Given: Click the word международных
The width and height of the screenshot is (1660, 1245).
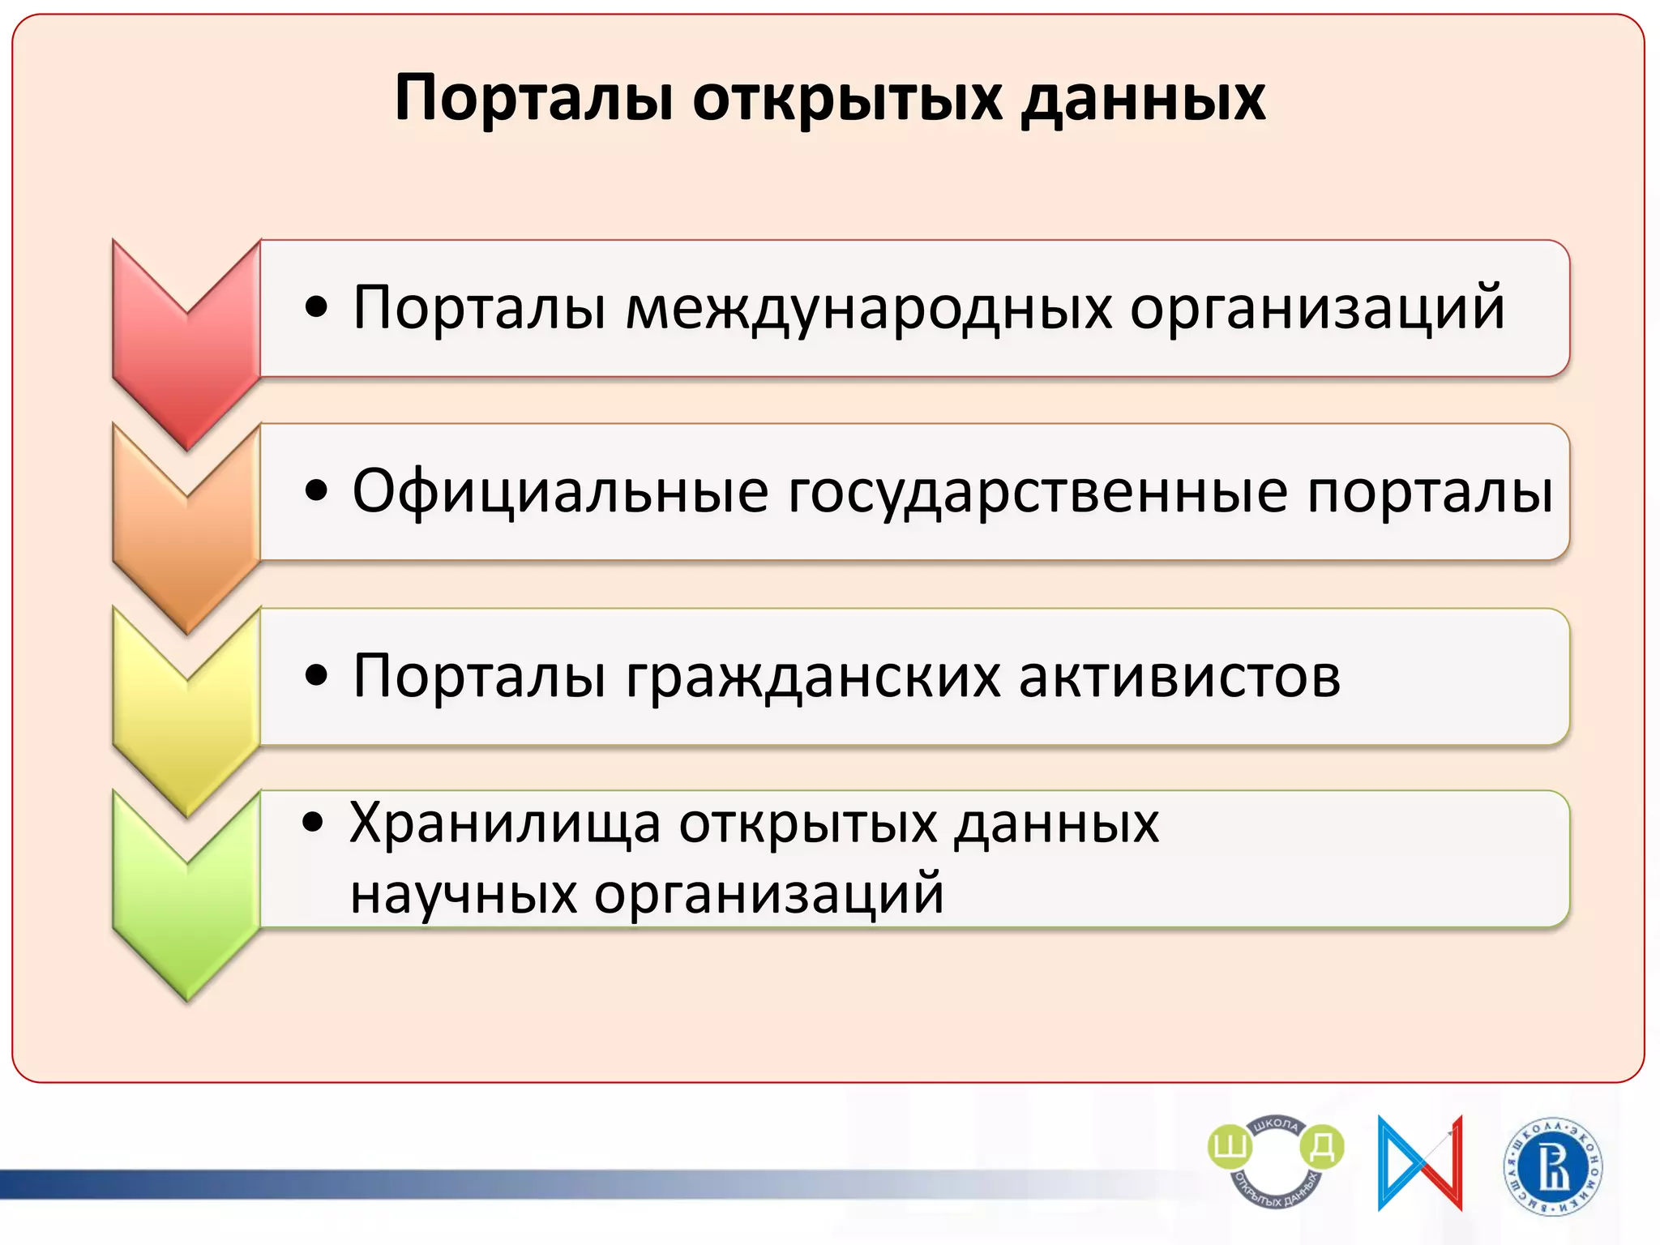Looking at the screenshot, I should (868, 309).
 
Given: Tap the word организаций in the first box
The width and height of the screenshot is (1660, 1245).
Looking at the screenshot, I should (1317, 309).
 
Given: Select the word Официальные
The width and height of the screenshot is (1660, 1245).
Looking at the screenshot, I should (560, 492).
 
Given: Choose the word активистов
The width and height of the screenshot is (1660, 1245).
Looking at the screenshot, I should (1179, 676).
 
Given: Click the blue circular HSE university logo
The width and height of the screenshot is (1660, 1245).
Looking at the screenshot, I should (1553, 1167).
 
